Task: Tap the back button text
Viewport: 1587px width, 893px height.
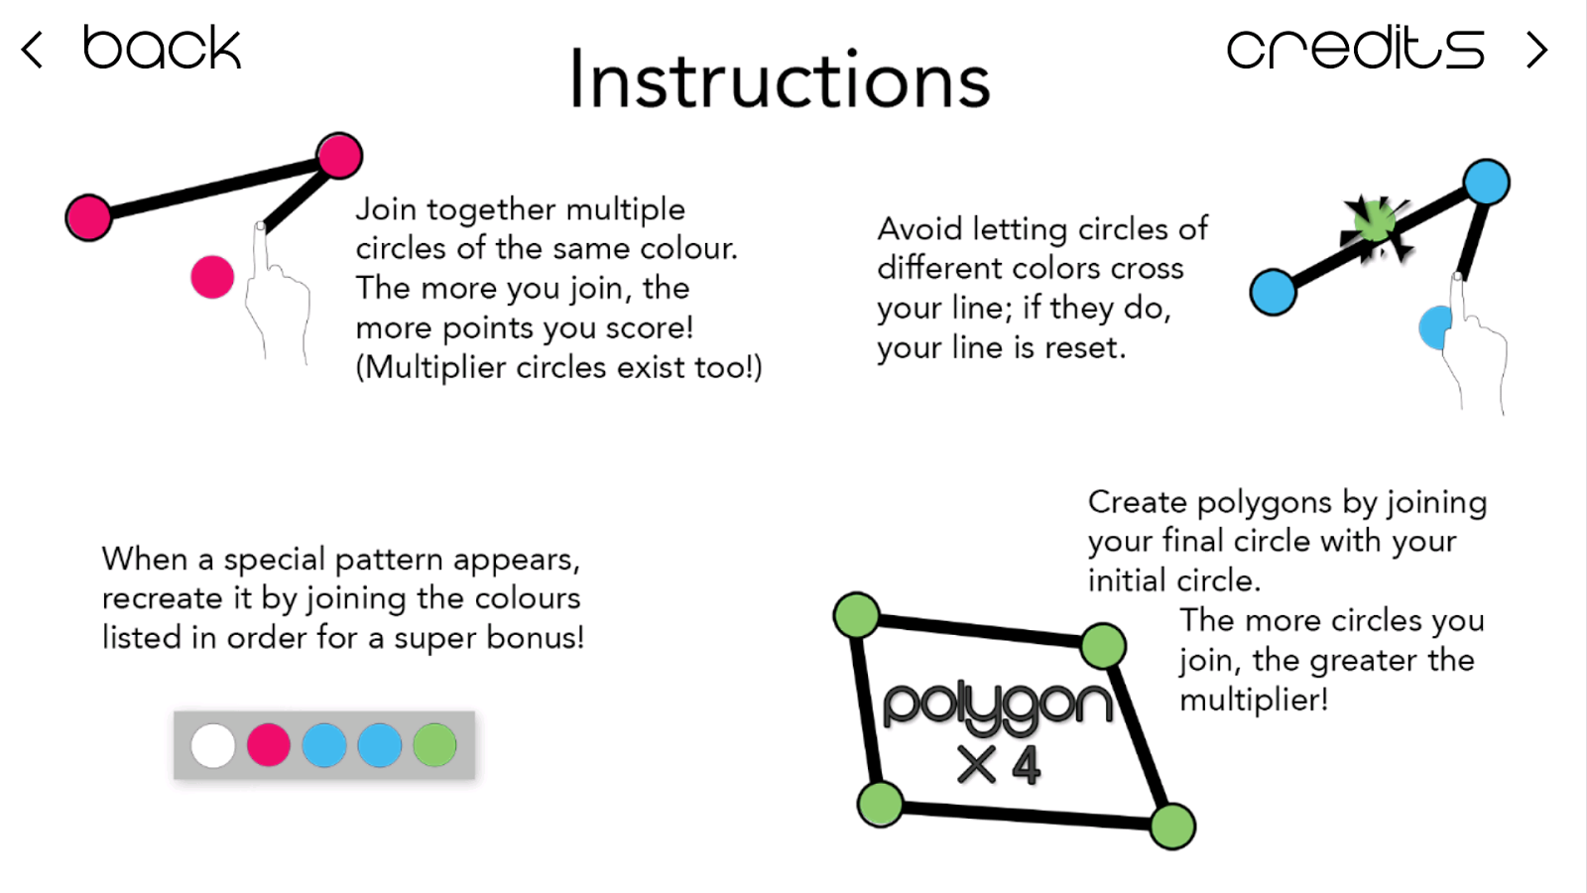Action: (x=163, y=48)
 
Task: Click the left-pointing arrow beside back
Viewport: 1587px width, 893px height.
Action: (x=32, y=50)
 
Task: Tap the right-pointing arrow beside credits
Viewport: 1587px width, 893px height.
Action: (x=1536, y=50)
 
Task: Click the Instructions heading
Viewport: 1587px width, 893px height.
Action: (x=780, y=79)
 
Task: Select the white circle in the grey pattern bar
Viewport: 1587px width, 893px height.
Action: (x=212, y=745)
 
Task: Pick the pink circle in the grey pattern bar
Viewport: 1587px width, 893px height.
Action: (x=268, y=745)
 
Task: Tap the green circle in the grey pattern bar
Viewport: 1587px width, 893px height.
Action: (x=434, y=745)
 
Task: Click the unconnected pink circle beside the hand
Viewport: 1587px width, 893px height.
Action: (x=212, y=277)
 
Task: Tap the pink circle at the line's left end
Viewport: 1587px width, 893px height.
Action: (x=88, y=217)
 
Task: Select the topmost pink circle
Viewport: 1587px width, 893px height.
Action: (x=340, y=155)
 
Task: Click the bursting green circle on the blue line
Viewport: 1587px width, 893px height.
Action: (x=1375, y=222)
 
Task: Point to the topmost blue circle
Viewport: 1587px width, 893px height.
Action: (x=1487, y=183)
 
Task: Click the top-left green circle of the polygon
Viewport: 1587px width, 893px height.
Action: (x=857, y=615)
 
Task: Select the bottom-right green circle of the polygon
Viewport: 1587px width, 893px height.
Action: (x=1173, y=826)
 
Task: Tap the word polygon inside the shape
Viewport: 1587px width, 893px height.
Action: (x=998, y=705)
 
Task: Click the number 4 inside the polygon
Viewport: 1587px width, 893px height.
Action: (x=1027, y=765)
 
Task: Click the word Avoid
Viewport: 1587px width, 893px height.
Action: (x=918, y=229)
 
